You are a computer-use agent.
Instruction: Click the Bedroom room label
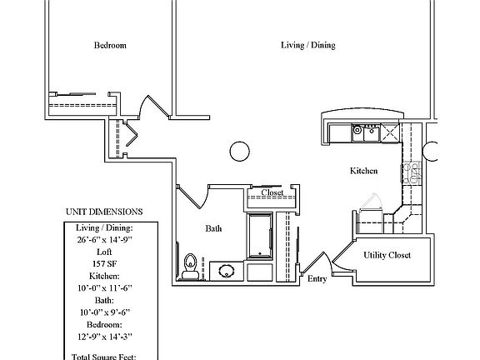109,45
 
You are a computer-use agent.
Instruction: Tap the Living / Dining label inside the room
307,45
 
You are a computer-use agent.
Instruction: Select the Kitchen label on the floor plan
363,170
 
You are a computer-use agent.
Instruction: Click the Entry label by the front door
317,280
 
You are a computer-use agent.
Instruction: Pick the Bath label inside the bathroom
214,227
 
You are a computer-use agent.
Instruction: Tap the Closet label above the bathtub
272,193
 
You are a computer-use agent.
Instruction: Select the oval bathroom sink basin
225,269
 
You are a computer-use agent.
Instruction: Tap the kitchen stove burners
412,172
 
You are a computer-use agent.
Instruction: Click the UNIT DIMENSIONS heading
103,212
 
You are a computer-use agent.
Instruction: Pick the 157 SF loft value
104,262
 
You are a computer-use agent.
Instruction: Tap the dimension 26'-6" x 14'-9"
104,238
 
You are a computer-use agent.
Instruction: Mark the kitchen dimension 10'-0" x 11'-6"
104,287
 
